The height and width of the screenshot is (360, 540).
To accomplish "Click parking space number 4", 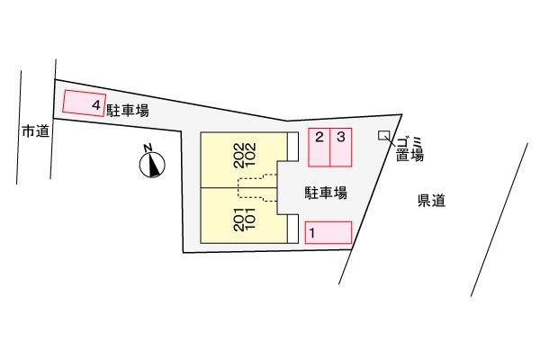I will tap(84, 104).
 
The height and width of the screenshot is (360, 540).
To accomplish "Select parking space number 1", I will tap(328, 233).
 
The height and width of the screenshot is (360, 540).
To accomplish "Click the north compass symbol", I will tap(154, 164).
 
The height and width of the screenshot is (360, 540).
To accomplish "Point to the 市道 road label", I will tap(35, 131).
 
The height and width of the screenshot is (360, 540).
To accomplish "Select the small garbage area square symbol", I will tap(384, 135).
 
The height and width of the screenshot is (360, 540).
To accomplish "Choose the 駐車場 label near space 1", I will tap(326, 193).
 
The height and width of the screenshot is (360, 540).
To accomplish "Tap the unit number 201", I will tap(238, 220).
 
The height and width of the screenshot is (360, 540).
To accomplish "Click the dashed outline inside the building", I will tap(256, 188).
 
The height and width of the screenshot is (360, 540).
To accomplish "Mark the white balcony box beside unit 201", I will tap(292, 229).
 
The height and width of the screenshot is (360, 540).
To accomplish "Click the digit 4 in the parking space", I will tap(95, 105).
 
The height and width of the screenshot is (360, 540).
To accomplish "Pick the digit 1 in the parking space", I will tap(312, 233).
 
